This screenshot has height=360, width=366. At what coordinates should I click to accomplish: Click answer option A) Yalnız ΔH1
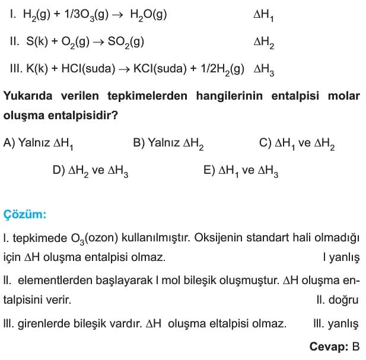pos(38,143)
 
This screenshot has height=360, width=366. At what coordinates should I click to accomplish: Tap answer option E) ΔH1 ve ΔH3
pos(241,171)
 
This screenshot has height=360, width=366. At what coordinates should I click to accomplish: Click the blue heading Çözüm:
pos(25,214)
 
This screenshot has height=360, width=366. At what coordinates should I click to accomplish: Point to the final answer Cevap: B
pos(335,346)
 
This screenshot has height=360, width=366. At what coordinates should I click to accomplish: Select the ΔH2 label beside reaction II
pos(263,42)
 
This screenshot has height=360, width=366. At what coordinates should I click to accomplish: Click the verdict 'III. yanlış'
pos(335,324)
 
